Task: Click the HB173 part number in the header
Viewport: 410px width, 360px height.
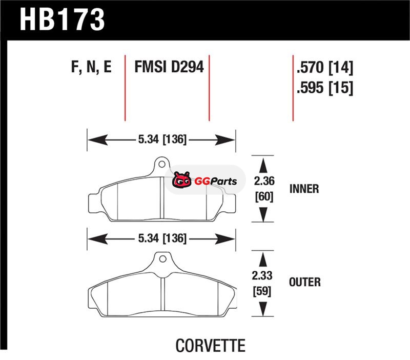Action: pyautogui.click(x=62, y=19)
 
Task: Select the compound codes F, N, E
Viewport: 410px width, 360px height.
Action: pyautogui.click(x=91, y=67)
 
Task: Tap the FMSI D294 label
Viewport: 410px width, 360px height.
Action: pyautogui.click(x=169, y=67)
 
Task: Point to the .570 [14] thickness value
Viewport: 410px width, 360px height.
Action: pyautogui.click(x=325, y=68)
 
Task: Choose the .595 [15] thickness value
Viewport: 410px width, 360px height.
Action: pyautogui.click(x=325, y=87)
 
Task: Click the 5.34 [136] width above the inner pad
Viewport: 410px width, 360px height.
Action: pyautogui.click(x=162, y=139)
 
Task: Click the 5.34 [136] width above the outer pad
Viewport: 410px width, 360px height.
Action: pyautogui.click(x=162, y=238)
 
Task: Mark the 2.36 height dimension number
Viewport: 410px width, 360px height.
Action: pyautogui.click(x=264, y=181)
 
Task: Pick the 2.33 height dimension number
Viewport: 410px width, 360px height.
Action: pyautogui.click(x=262, y=275)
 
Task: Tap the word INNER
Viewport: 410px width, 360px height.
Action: pyautogui.click(x=304, y=189)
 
